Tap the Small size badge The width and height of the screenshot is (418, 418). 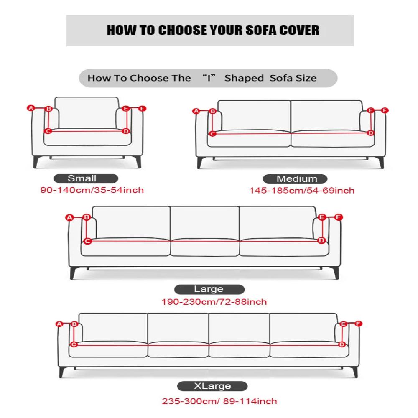(x=86, y=178)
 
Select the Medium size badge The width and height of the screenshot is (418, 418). (x=295, y=178)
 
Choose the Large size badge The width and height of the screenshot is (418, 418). (x=209, y=289)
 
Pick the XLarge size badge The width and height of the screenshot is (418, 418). (x=212, y=386)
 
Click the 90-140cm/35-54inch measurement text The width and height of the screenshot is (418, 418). (x=92, y=190)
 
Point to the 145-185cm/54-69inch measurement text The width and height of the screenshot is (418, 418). (x=302, y=191)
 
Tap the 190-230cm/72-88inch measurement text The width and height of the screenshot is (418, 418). (x=214, y=302)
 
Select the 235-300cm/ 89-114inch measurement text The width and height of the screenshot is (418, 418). (x=219, y=401)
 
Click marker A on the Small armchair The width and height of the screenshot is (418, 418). (x=31, y=108)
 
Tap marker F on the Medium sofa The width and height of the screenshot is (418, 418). (x=385, y=110)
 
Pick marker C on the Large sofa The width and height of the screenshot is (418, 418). (x=87, y=241)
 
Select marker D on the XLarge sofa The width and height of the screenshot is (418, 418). (x=342, y=344)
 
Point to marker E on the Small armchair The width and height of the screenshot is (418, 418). (x=126, y=109)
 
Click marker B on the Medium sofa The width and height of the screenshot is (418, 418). (x=212, y=111)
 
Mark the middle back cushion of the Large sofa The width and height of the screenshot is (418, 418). (x=204, y=223)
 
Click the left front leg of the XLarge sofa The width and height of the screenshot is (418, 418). (x=62, y=372)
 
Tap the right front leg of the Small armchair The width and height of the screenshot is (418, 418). (x=138, y=161)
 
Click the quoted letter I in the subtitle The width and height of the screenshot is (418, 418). (x=209, y=78)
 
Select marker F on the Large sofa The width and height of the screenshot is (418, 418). (x=338, y=217)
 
